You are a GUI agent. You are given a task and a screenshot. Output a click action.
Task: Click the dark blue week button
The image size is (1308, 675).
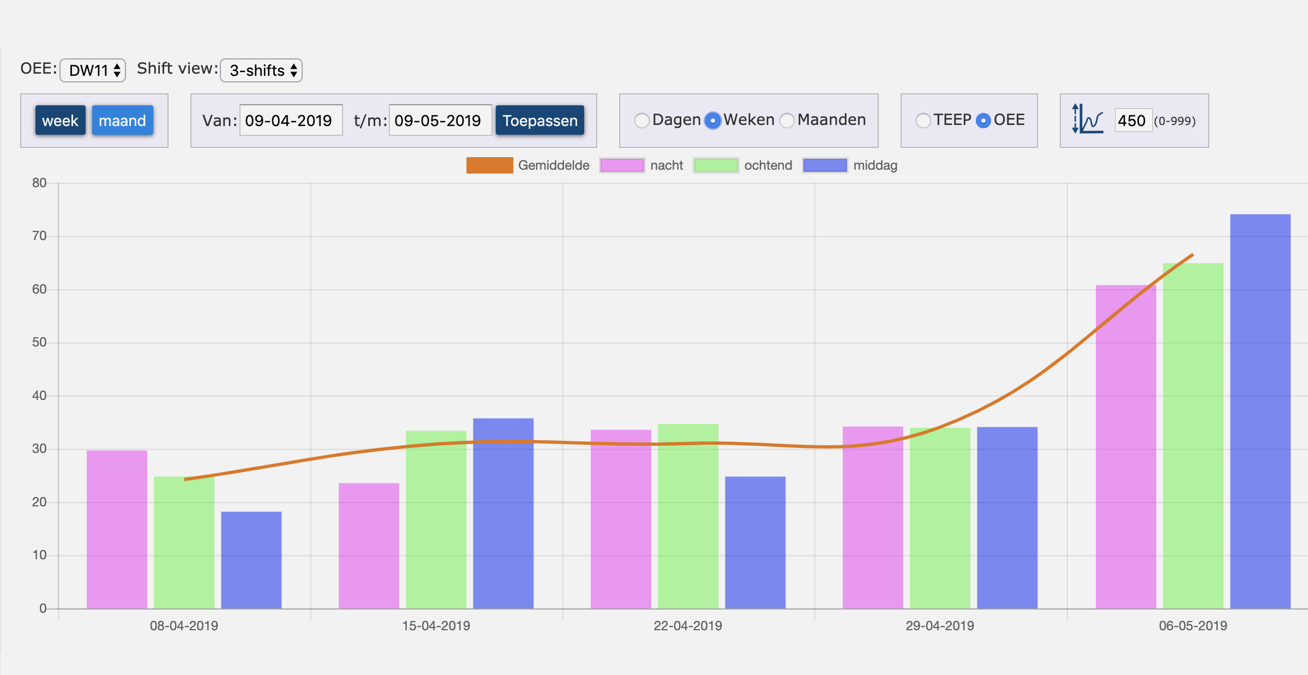pyautogui.click(x=61, y=121)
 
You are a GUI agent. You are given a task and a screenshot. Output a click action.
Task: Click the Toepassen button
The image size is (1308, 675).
pyautogui.click(x=540, y=121)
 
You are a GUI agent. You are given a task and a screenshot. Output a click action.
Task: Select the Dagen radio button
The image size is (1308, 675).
pyautogui.click(x=642, y=121)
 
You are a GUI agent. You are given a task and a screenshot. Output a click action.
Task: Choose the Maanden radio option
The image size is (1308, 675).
pyautogui.click(x=787, y=121)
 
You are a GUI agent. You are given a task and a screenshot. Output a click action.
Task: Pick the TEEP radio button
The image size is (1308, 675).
pyautogui.click(x=923, y=121)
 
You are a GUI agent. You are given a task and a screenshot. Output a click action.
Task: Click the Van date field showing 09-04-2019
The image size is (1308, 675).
pyautogui.click(x=291, y=121)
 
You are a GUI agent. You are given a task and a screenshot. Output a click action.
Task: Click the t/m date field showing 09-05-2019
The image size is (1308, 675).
pyautogui.click(x=440, y=121)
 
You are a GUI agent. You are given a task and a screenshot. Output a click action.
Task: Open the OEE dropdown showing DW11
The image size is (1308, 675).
pyautogui.click(x=93, y=70)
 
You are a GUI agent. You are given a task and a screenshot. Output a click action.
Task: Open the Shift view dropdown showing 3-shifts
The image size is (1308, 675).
pyautogui.click(x=261, y=70)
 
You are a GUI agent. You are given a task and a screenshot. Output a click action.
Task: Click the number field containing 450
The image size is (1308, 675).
pyautogui.click(x=1133, y=121)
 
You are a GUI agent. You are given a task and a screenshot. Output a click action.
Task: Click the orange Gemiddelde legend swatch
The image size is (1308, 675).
pyautogui.click(x=490, y=165)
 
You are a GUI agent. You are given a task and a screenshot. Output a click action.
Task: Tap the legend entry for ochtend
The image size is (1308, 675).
pyautogui.click(x=743, y=165)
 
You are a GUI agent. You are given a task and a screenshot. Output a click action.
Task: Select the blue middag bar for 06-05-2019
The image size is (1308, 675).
pyautogui.click(x=1261, y=411)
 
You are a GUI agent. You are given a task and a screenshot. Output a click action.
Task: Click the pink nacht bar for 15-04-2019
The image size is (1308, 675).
pyautogui.click(x=369, y=546)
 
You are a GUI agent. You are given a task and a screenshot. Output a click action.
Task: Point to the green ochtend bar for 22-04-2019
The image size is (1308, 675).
pyautogui.click(x=688, y=516)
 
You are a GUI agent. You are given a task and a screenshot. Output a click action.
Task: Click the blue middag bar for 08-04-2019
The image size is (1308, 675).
pyautogui.click(x=251, y=560)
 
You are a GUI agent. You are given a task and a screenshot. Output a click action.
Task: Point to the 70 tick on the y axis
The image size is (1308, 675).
pyautogui.click(x=39, y=236)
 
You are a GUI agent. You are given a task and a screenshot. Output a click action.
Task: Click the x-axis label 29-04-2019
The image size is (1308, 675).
pyautogui.click(x=940, y=626)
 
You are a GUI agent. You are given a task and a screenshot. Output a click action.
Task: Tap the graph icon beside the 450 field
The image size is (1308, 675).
pyautogui.click(x=1088, y=118)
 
